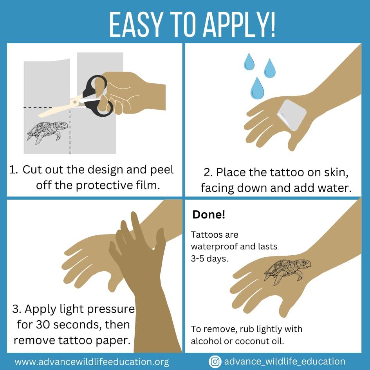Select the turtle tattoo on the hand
coord(287,270)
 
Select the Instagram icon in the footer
coord(215,361)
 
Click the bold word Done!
coord(208,215)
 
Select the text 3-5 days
coord(209,258)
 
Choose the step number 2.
coord(208,172)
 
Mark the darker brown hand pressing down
coord(145,266)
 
